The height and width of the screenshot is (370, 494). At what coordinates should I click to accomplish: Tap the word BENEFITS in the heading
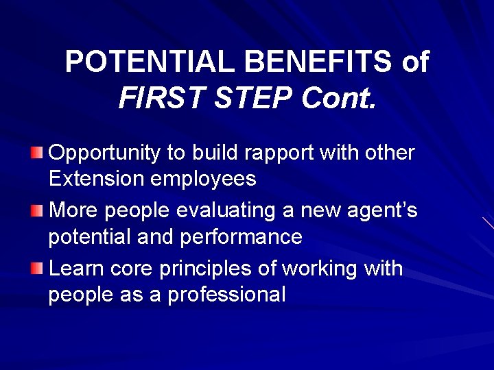coord(318,62)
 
